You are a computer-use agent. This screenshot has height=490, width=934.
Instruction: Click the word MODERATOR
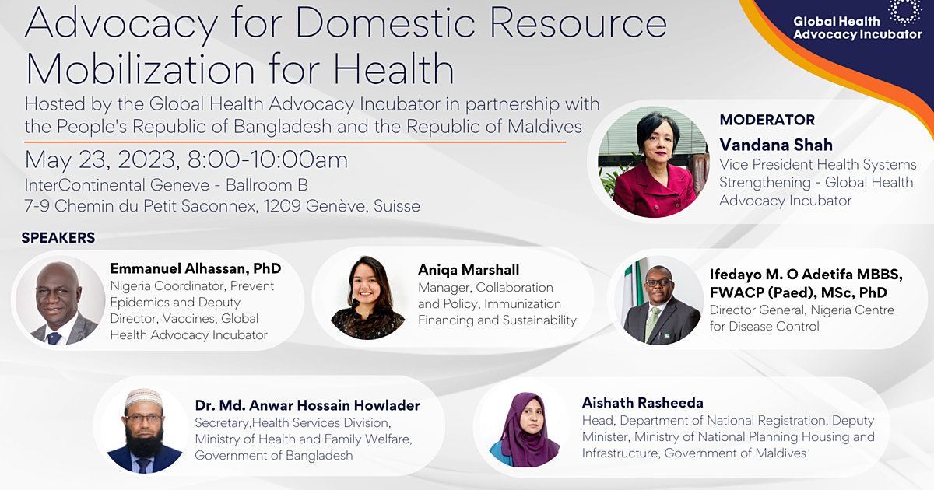point(767,121)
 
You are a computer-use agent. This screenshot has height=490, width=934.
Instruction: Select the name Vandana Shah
point(775,145)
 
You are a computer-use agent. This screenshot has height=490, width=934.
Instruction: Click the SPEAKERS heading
point(58,237)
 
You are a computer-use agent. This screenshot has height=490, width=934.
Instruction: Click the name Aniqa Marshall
point(469,270)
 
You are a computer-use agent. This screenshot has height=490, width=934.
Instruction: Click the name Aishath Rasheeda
point(642,402)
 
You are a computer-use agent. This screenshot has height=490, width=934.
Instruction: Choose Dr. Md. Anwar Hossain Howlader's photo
point(144,429)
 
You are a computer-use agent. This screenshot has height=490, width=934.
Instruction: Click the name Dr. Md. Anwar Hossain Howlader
point(307,405)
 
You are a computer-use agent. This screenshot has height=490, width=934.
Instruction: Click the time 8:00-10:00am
point(268,161)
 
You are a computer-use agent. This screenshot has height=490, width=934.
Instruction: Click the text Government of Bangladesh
point(273,456)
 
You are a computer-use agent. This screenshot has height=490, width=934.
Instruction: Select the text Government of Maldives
point(735,453)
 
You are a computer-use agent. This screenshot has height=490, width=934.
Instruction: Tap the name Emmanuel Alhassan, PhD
point(195,269)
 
